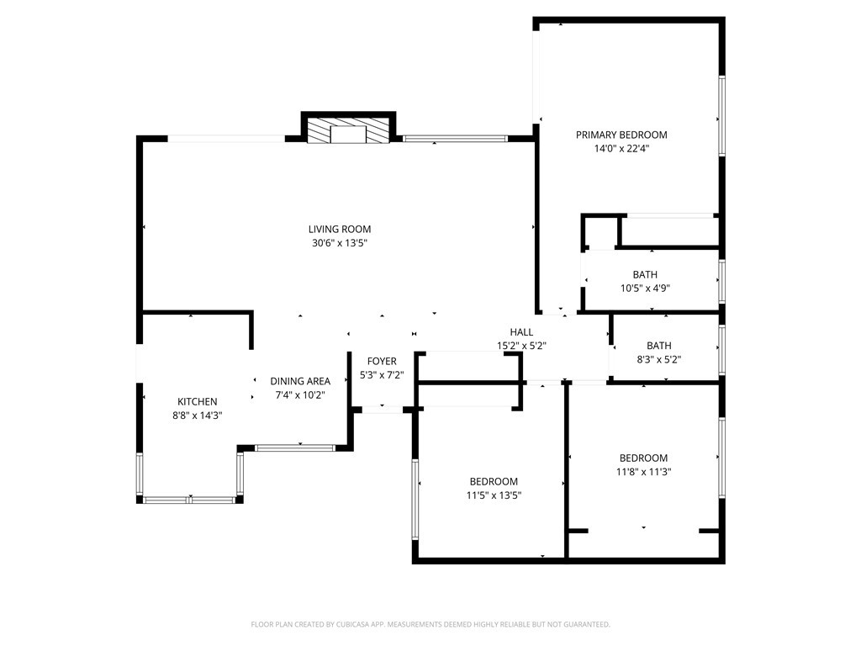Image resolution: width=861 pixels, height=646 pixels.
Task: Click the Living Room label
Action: point(340,229)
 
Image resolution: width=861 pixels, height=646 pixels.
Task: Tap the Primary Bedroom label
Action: point(621,135)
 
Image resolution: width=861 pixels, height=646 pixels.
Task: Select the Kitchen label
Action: point(197,401)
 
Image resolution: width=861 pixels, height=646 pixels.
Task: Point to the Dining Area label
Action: point(300,381)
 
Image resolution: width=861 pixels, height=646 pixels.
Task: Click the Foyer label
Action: point(382,361)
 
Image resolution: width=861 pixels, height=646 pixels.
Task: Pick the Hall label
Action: point(521,331)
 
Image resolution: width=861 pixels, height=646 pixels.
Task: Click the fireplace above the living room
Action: point(348,130)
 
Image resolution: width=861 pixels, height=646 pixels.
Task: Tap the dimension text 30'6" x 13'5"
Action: point(340,243)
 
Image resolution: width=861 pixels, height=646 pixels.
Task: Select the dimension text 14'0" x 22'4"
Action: point(621,148)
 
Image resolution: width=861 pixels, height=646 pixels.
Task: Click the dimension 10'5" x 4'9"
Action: point(645,289)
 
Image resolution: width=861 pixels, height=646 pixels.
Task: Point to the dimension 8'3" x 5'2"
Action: point(658,360)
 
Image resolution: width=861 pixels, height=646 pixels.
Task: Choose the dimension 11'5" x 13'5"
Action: point(494,495)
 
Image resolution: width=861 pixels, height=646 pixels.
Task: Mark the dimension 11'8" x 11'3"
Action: point(643,471)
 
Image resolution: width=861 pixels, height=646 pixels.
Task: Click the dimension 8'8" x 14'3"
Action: point(197,416)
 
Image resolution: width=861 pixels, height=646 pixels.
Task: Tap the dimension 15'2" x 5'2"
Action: point(521,346)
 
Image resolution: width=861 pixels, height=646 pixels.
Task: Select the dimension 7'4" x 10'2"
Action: point(300,395)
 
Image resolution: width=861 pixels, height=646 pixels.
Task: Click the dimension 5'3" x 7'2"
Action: point(382,375)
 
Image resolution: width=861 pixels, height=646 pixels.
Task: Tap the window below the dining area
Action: point(295,448)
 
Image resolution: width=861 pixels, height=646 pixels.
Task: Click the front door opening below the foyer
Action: point(383,410)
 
